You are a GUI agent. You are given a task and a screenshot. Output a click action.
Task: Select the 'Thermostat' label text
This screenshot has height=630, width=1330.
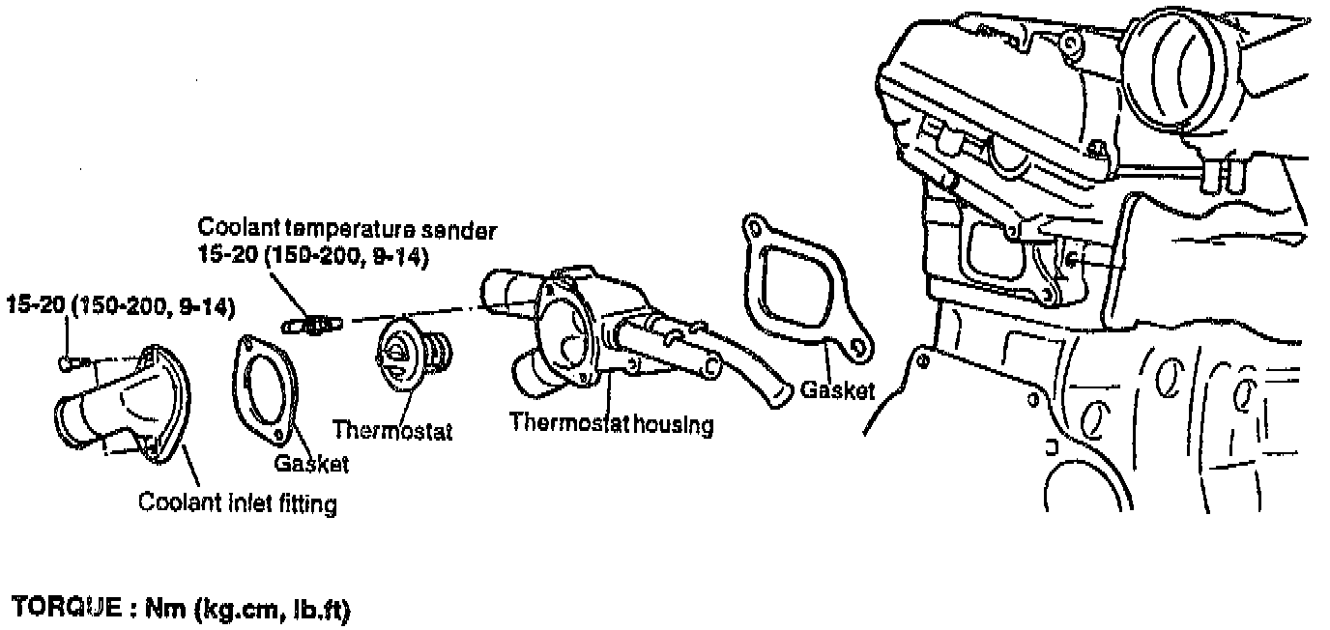click(x=391, y=428)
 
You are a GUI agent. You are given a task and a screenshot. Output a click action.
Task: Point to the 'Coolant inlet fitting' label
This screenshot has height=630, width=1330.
click(x=238, y=503)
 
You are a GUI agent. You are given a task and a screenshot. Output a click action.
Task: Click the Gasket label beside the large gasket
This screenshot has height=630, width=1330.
click(x=838, y=389)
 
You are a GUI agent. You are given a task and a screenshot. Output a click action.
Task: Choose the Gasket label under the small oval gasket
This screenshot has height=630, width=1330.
click(x=310, y=464)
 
